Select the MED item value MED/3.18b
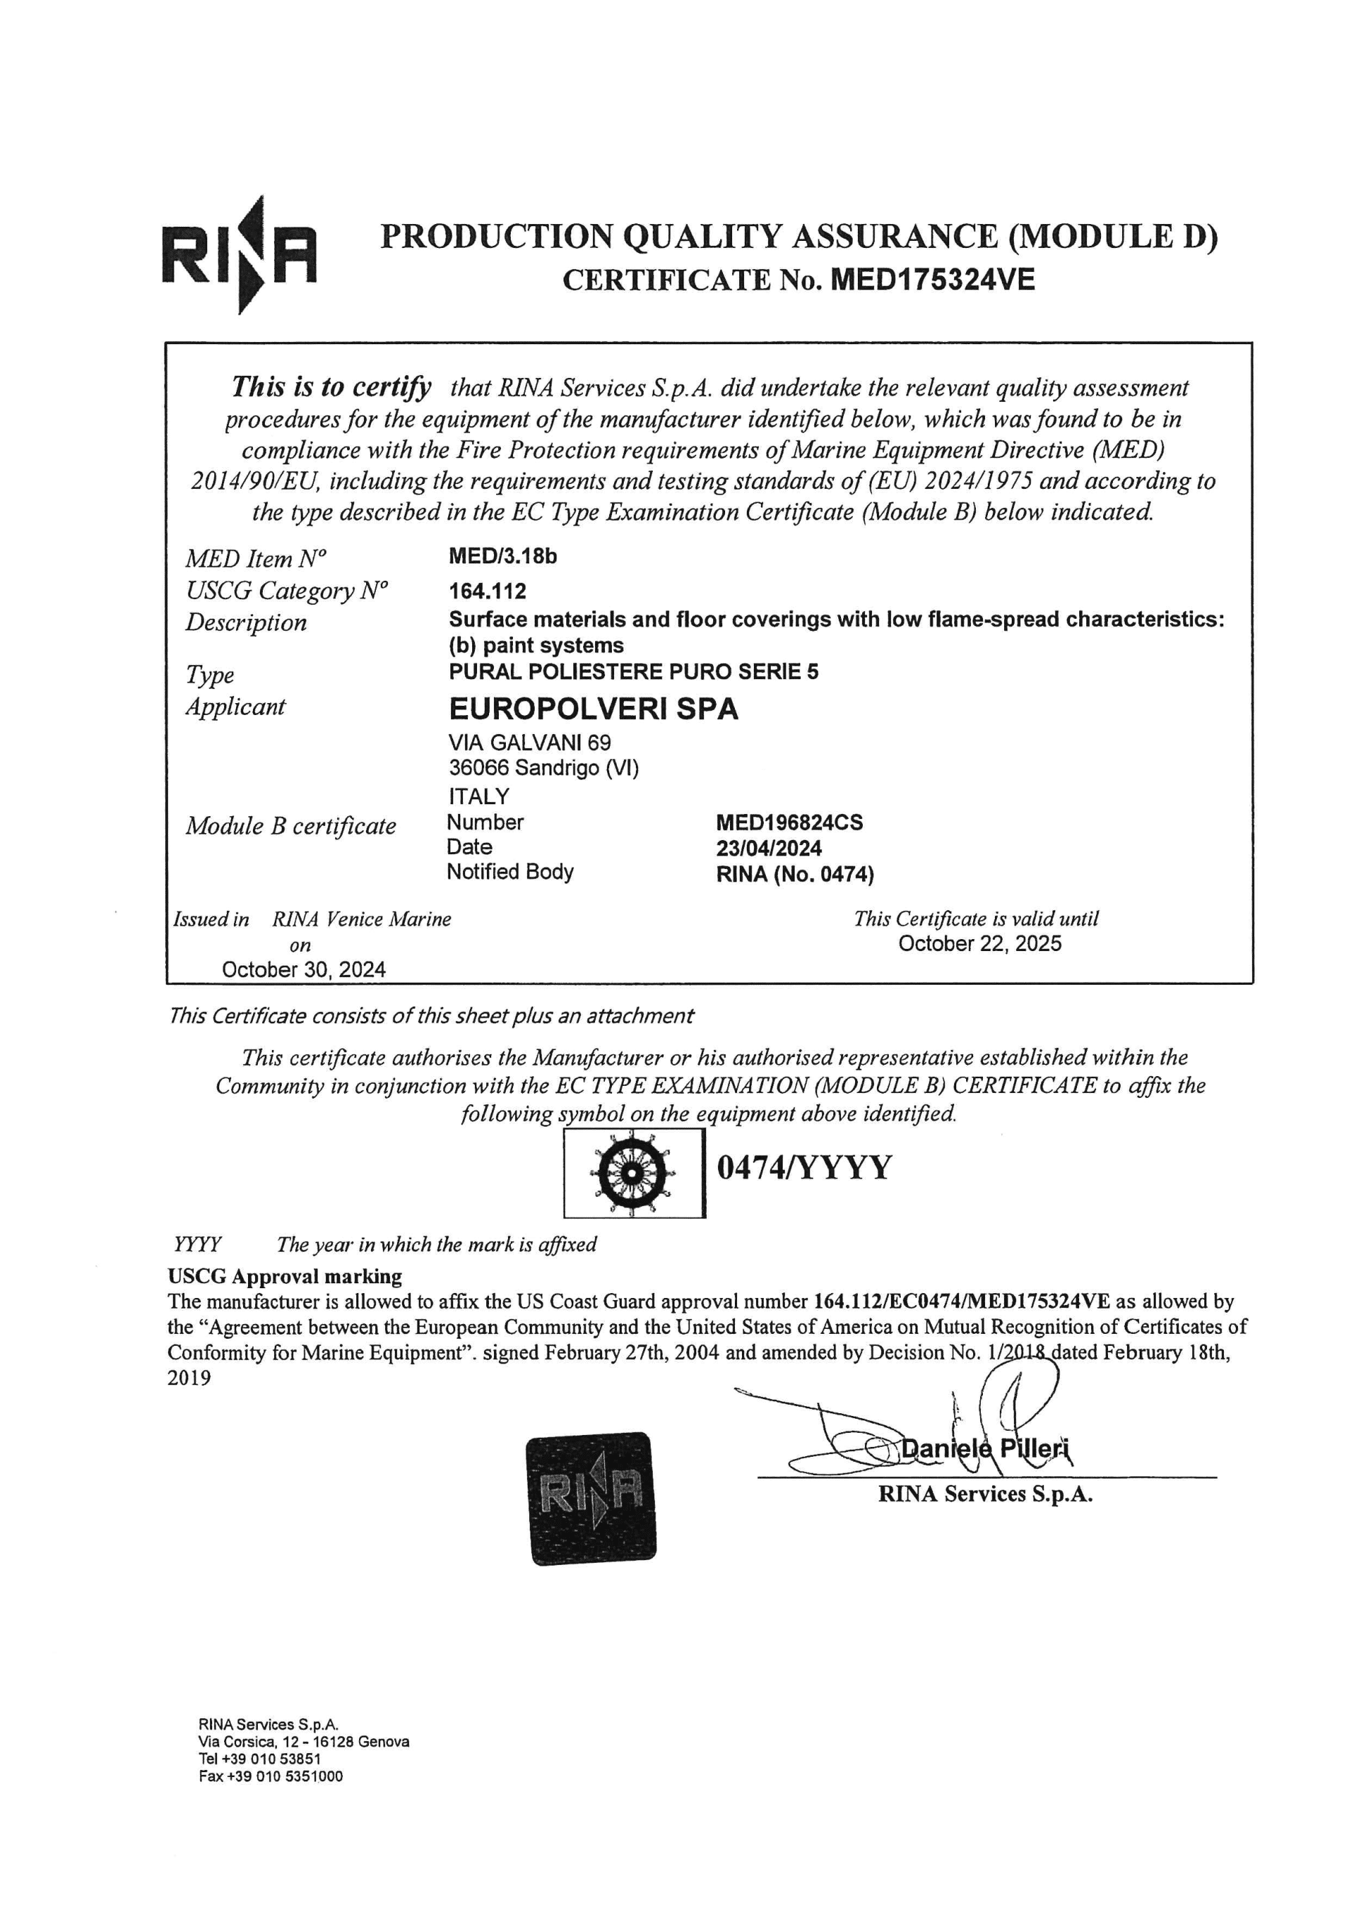tap(502, 556)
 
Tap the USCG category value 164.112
tap(488, 591)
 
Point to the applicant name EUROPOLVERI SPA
tap(593, 709)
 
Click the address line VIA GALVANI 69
tap(529, 742)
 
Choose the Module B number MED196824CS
tap(789, 823)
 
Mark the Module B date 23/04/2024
tap(769, 848)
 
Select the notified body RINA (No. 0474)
tap(795, 874)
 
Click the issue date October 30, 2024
tap(304, 969)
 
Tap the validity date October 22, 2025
tap(979, 943)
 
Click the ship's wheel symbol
tap(633, 1171)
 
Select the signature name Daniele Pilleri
tap(986, 1448)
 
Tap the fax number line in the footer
tap(270, 1776)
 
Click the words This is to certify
tap(331, 387)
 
